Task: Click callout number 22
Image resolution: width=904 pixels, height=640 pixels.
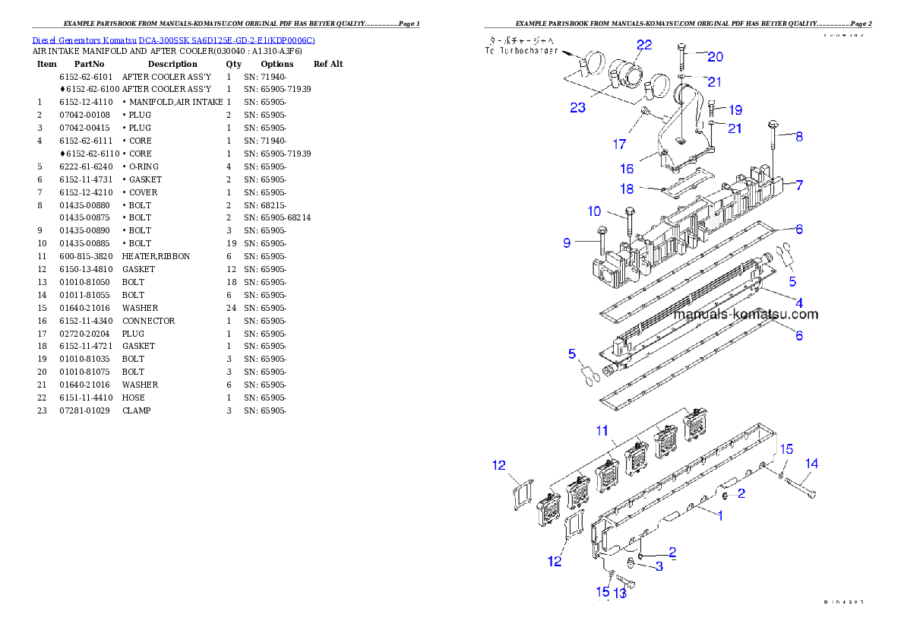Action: pyautogui.click(x=644, y=46)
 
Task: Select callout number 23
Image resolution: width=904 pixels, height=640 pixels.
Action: pyautogui.click(x=578, y=108)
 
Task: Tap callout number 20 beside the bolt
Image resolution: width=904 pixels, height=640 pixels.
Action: pyautogui.click(x=716, y=57)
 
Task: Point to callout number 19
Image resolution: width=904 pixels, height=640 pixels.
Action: pyautogui.click(x=735, y=110)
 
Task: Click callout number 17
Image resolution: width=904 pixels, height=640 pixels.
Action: pyautogui.click(x=621, y=144)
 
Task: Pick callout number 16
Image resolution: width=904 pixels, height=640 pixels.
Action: pyautogui.click(x=627, y=169)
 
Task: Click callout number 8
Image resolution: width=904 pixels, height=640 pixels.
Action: pyautogui.click(x=799, y=137)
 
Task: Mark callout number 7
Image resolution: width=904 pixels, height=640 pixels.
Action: pyautogui.click(x=799, y=185)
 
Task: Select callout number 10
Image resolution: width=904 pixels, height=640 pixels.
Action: pyautogui.click(x=594, y=211)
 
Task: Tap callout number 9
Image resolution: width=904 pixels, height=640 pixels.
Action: pyautogui.click(x=567, y=243)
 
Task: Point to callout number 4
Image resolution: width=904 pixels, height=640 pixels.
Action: pyautogui.click(x=799, y=303)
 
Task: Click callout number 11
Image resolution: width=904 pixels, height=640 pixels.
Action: pyautogui.click(x=602, y=431)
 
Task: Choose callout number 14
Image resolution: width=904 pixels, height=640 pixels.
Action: pyautogui.click(x=812, y=464)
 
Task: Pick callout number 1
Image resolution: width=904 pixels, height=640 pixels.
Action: pyautogui.click(x=720, y=515)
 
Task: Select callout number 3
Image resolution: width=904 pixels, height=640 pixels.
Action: pyautogui.click(x=659, y=566)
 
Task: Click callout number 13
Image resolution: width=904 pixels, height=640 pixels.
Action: pyautogui.click(x=620, y=593)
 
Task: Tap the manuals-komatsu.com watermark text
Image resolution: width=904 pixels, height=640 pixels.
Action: pyautogui.click(x=746, y=315)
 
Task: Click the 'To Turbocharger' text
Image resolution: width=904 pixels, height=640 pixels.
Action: pyautogui.click(x=521, y=51)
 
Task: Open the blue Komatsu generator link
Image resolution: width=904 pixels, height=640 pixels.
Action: pyautogui.click(x=173, y=40)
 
